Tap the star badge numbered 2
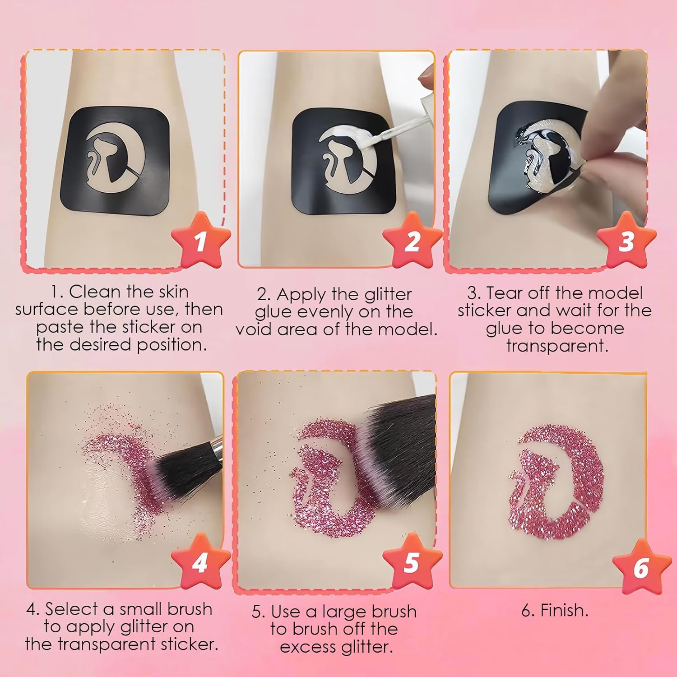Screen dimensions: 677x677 412,241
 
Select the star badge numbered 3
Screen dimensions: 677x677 626,241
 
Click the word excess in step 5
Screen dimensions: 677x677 308,647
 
